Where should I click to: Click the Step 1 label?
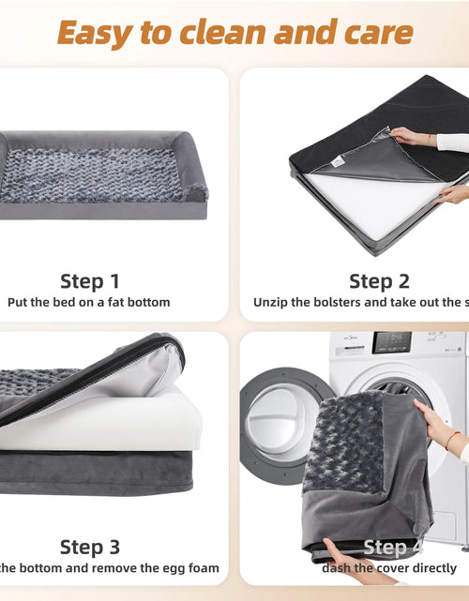[90, 280]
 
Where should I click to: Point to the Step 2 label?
[379, 280]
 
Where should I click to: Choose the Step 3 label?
[90, 547]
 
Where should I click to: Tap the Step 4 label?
[385, 548]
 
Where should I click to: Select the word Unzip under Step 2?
[271, 303]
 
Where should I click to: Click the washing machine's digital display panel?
[393, 343]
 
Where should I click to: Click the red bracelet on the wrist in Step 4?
[453, 438]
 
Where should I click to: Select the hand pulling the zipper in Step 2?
[410, 137]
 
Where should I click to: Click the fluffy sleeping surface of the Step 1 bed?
[94, 175]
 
